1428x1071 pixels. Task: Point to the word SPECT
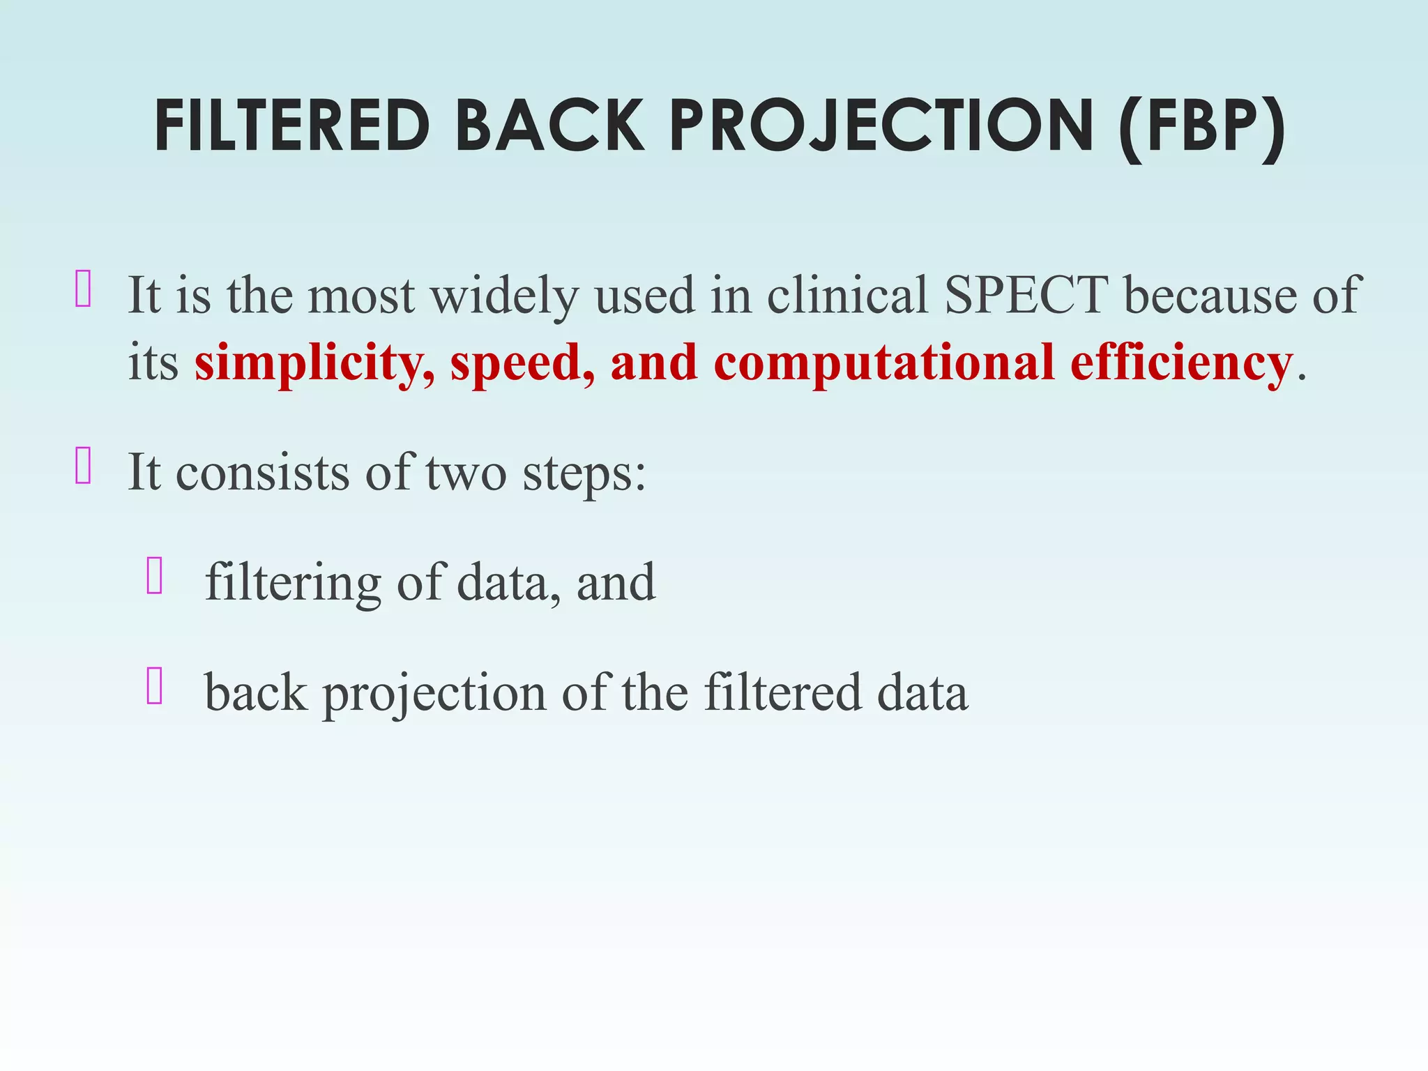[1026, 295]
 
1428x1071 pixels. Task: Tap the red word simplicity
[314, 364]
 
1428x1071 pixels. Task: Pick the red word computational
[884, 364]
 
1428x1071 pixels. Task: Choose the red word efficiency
[1181, 364]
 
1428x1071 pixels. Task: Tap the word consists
[262, 473]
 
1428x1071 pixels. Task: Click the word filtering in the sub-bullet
[293, 582]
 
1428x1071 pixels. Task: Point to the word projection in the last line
[434, 694]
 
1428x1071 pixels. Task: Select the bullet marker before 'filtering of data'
[155, 576]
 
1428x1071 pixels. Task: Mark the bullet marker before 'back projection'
[155, 686]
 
